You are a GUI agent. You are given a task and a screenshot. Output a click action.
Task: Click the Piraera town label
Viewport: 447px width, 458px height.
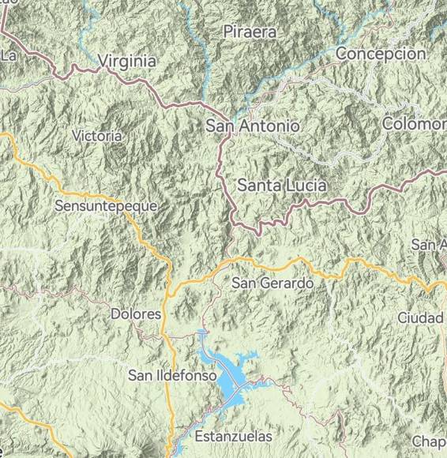[250, 32]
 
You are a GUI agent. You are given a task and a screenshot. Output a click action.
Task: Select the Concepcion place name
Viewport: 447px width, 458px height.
[381, 54]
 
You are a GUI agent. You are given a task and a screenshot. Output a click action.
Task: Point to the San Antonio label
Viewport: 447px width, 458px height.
[252, 126]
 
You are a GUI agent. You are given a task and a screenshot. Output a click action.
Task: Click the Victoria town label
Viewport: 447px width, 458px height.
[96, 136]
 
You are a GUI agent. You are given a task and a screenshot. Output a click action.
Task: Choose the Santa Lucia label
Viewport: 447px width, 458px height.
[282, 186]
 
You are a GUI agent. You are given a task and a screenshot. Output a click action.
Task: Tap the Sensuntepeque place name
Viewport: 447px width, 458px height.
[106, 205]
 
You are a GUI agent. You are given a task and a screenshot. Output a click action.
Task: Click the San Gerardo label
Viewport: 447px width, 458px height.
[272, 283]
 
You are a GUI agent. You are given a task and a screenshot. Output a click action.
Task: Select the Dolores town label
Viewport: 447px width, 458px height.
[135, 313]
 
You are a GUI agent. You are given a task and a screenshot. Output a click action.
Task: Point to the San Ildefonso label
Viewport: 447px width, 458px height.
[172, 376]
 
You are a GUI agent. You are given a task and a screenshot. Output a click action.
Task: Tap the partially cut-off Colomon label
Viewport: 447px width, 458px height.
[414, 125]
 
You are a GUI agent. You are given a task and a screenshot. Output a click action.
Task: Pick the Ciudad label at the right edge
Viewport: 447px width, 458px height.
[420, 317]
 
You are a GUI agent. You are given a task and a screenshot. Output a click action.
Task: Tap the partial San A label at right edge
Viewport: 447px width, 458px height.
[428, 245]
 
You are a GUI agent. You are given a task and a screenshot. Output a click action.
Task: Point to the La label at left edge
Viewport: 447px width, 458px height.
[9, 55]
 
